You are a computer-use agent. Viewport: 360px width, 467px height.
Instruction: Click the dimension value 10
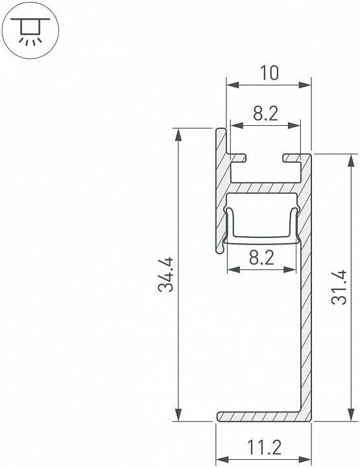268,73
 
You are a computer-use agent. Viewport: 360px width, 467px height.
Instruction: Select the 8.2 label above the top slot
266,114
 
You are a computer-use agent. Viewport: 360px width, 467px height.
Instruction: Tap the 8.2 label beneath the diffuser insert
262,257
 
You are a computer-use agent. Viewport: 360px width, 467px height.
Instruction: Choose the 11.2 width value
264,447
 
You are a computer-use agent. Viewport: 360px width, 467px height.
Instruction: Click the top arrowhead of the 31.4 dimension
350,159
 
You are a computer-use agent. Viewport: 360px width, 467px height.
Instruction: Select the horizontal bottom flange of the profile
259,416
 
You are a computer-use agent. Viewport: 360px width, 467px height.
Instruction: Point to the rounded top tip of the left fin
221,132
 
